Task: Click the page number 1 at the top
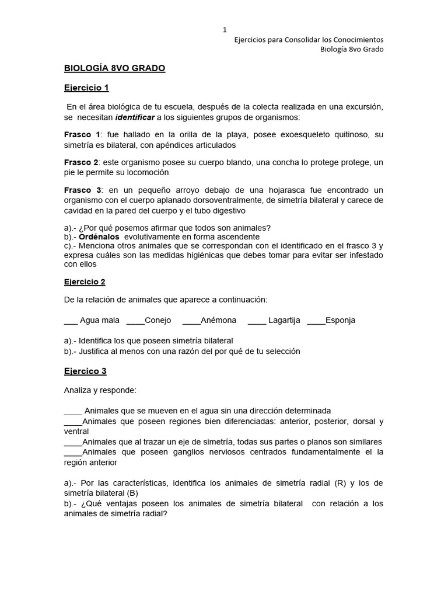click(x=225, y=29)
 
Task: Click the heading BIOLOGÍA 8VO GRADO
click(x=114, y=68)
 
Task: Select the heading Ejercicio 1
click(x=86, y=88)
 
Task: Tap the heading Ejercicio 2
click(x=85, y=282)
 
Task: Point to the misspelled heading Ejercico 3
click(x=85, y=371)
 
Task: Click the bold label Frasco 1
click(x=82, y=135)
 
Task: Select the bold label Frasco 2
click(x=82, y=162)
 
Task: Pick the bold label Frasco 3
click(x=82, y=190)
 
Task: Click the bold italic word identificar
click(x=136, y=117)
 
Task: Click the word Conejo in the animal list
click(x=157, y=321)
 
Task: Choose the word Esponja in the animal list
click(x=340, y=321)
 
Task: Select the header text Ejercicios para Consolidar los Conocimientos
click(x=309, y=40)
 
